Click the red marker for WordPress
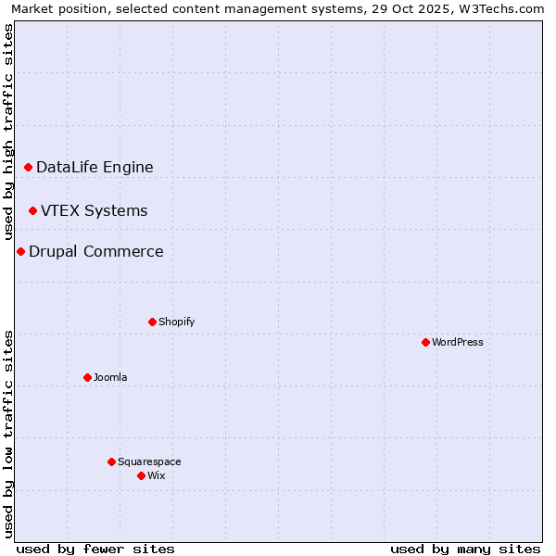coord(425,342)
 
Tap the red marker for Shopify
coord(152,322)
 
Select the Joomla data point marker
coord(87,377)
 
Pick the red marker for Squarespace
coord(111,461)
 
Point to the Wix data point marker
coord(141,475)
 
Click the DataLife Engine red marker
coord(28,167)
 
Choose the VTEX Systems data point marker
coord(32,210)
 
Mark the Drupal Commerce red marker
coord(20,251)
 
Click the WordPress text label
coord(458,342)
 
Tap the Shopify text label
coord(176,322)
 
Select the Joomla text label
coord(110,377)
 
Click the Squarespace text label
coord(149,461)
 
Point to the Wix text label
coord(156,475)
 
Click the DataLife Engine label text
coord(95,167)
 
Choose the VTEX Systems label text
coord(94,210)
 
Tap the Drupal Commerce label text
coord(95,251)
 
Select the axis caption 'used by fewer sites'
coord(95,549)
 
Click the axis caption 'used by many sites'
coord(465,549)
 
